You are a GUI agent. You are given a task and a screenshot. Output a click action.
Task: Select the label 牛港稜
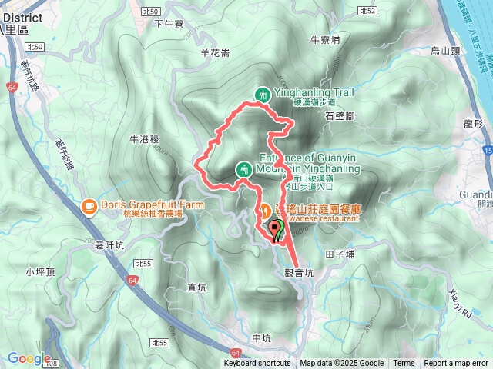point(144,139)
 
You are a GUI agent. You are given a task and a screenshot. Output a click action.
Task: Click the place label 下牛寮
point(169,24)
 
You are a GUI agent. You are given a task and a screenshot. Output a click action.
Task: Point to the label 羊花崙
point(215,53)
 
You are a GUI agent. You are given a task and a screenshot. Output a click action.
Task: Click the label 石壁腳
point(339,115)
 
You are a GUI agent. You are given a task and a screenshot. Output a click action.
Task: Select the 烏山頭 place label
point(444,51)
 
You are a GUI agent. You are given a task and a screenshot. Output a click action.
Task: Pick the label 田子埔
point(340,254)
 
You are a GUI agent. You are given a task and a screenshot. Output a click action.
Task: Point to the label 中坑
point(263,338)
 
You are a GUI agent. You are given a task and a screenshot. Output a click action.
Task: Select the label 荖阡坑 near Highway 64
point(109,244)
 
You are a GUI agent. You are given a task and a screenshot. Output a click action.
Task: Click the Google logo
point(29,358)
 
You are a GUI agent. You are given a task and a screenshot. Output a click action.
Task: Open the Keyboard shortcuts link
point(257,364)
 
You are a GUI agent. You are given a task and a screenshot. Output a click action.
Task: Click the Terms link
point(404,364)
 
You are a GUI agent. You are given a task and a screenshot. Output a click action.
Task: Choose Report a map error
point(456,364)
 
